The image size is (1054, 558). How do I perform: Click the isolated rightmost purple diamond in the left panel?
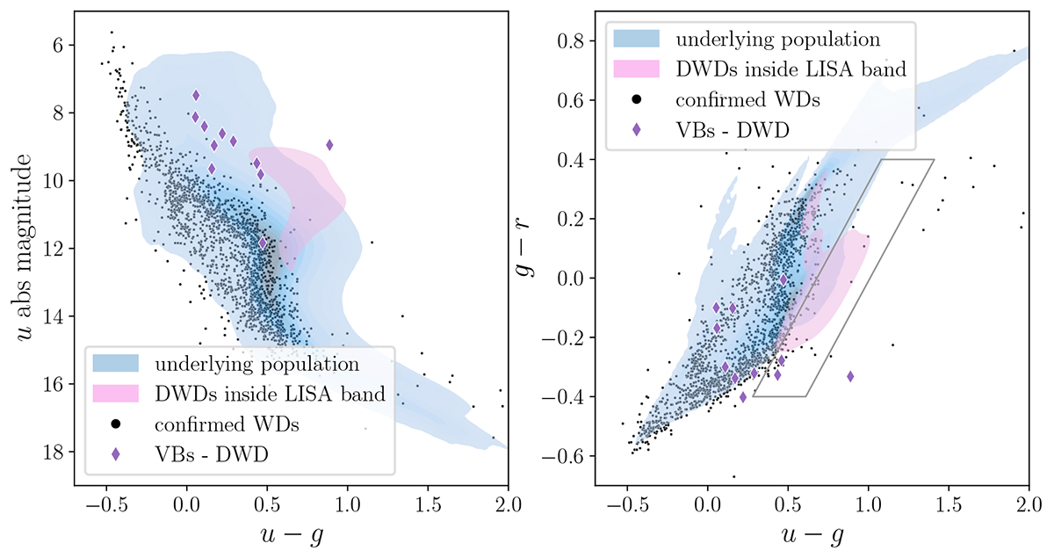(x=329, y=145)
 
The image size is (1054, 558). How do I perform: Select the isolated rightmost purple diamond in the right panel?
(x=850, y=376)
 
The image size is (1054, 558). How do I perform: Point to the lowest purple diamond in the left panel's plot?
(x=263, y=243)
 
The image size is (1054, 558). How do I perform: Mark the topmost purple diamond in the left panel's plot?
(x=196, y=95)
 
